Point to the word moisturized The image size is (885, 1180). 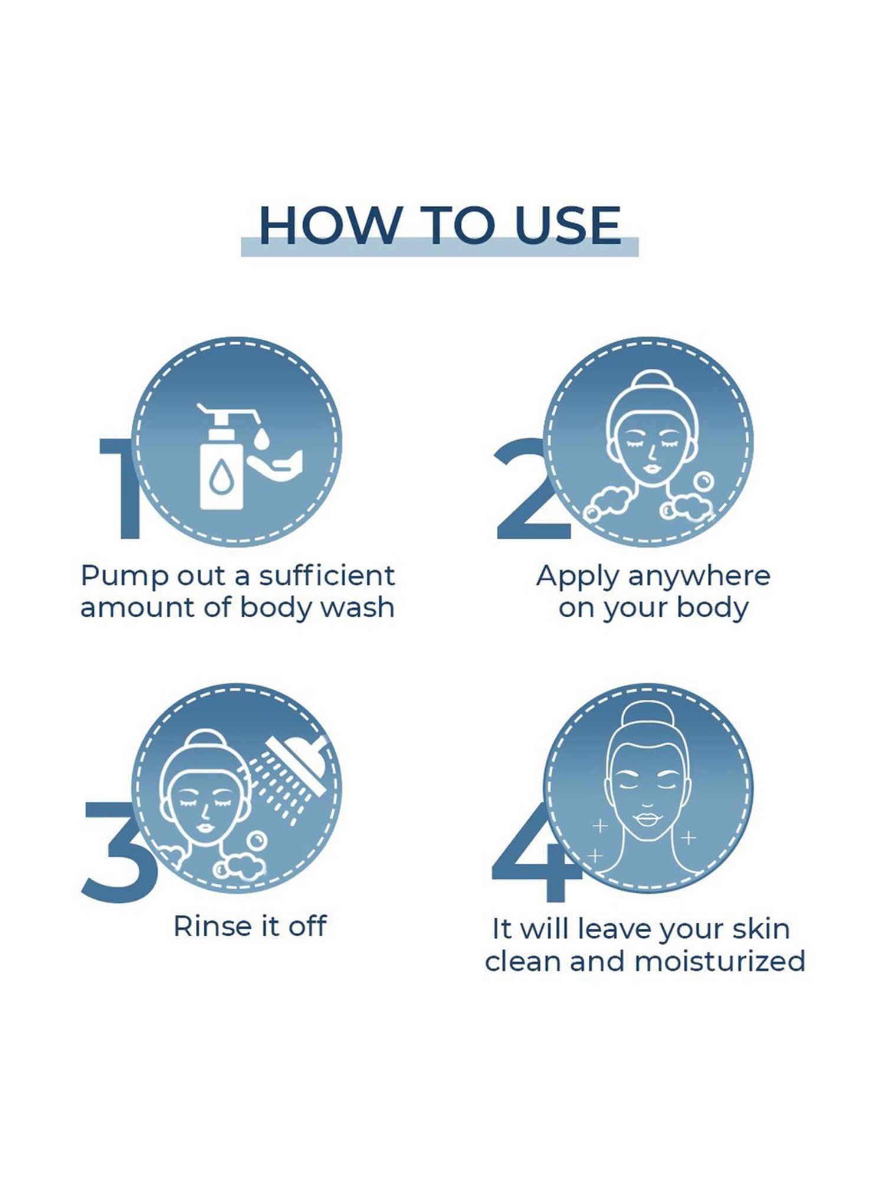coord(720,961)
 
